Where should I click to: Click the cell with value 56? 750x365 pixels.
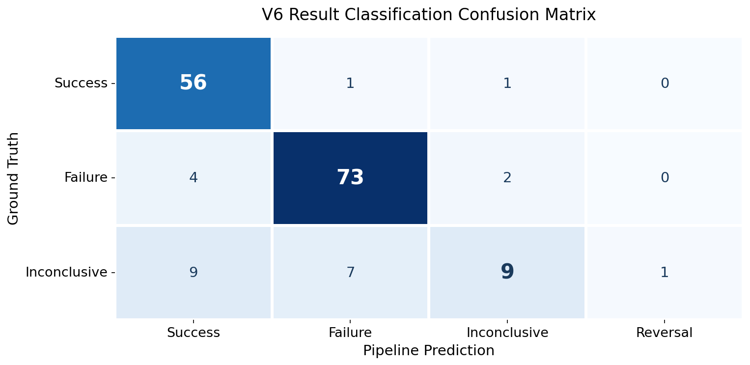point(193,83)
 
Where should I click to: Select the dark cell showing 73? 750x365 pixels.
point(350,177)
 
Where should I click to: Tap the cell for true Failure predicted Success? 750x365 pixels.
point(193,177)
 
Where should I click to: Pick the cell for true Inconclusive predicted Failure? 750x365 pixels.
point(350,272)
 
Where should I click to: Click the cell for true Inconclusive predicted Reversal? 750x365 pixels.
point(664,272)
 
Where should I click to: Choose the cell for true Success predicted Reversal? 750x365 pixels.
point(664,83)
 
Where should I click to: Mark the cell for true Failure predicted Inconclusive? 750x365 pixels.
point(507,177)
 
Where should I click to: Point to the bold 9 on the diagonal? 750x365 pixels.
point(507,272)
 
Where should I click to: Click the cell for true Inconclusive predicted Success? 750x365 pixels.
point(193,272)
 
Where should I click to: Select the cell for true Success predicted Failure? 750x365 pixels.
point(350,83)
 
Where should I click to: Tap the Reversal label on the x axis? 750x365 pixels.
point(664,333)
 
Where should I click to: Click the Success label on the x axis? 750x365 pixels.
point(193,333)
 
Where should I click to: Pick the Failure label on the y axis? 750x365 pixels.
point(86,177)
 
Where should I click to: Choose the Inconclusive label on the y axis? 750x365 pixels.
point(66,272)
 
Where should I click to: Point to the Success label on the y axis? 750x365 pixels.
point(81,83)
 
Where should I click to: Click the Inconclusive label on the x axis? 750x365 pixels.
point(507,333)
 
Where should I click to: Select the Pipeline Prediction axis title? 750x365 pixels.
point(428,351)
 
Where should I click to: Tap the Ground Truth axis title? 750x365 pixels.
point(13,178)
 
